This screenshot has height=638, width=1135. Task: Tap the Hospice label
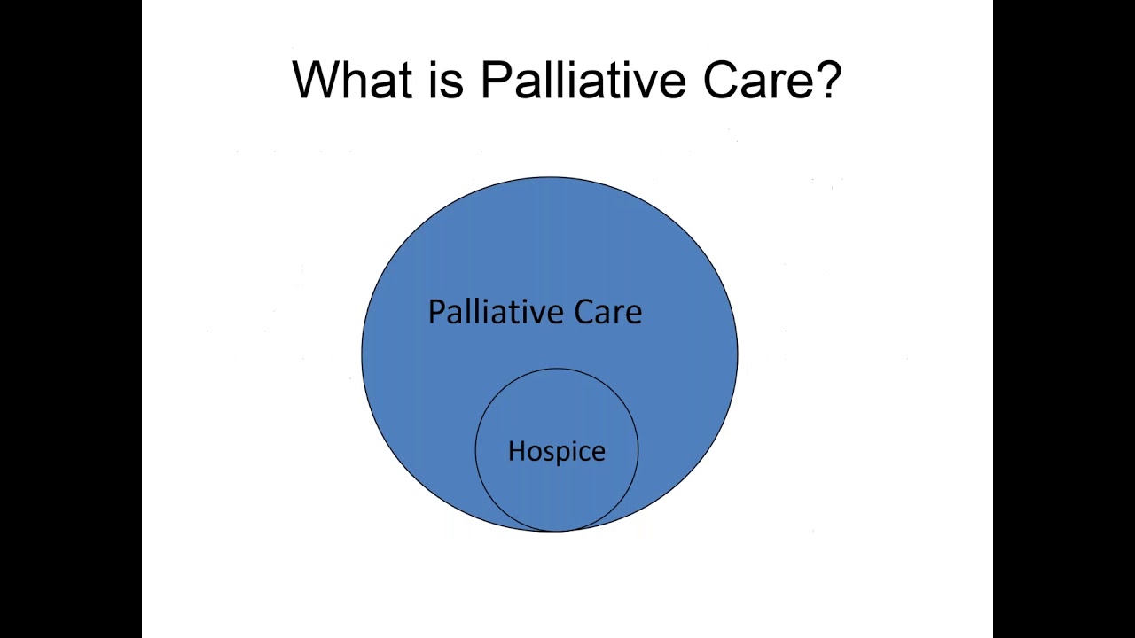(556, 451)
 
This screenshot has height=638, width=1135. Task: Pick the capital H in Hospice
(516, 451)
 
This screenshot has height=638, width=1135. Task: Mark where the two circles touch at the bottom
(556, 531)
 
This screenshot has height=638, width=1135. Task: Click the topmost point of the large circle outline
(550, 177)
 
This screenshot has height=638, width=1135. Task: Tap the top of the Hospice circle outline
(556, 369)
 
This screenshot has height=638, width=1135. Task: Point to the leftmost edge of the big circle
(362, 354)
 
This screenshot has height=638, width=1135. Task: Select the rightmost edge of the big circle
(737, 354)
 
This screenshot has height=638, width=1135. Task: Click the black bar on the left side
(71, 319)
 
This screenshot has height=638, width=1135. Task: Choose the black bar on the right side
(1064, 319)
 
